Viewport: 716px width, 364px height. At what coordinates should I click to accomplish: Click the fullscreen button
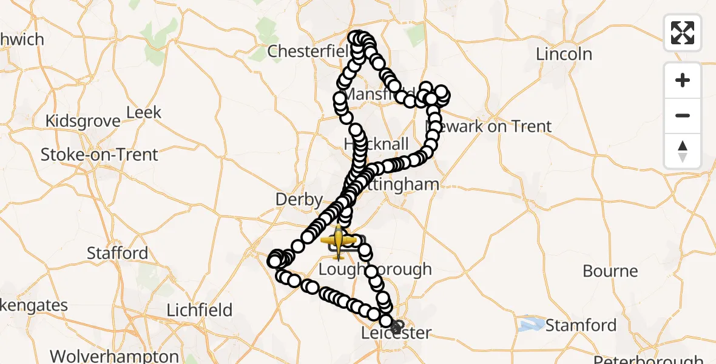[x=683, y=33]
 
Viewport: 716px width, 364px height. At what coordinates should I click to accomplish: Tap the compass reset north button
[x=683, y=151]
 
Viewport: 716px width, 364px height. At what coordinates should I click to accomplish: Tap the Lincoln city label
[x=564, y=53]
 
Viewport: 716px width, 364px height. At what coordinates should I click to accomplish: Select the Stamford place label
[x=581, y=325]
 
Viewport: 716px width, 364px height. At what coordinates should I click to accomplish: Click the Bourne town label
[x=610, y=271]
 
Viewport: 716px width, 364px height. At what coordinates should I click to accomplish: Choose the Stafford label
[x=117, y=252]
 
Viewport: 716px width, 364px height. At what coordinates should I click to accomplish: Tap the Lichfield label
[x=200, y=310]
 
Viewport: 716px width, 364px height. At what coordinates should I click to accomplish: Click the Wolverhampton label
[x=115, y=356]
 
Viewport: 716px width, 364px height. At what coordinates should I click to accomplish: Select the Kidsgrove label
[x=83, y=121]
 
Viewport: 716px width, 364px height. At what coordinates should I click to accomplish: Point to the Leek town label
[x=144, y=112]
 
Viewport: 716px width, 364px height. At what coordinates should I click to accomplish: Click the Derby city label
[x=299, y=199]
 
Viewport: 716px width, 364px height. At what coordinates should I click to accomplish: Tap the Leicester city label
[x=396, y=333]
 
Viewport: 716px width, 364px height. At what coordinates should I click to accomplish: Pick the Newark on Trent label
[x=489, y=126]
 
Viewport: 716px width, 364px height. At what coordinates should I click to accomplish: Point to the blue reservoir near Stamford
[x=532, y=323]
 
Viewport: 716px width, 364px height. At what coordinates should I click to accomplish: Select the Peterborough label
[x=649, y=359]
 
